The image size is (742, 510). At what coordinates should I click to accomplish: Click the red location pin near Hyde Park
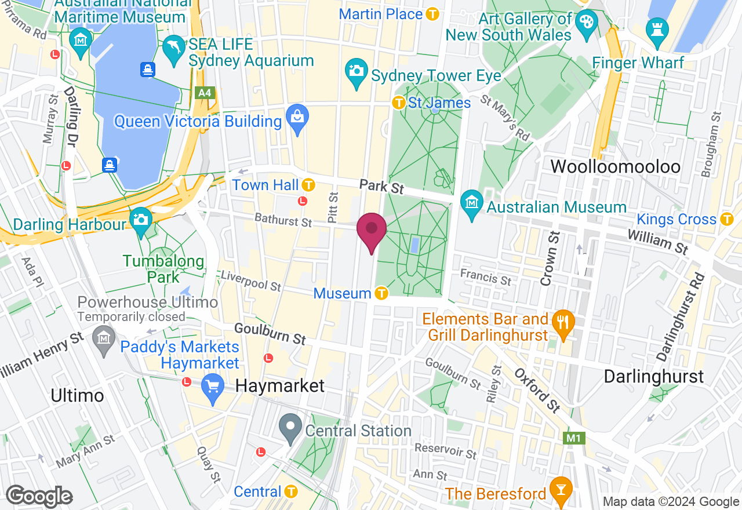(x=371, y=231)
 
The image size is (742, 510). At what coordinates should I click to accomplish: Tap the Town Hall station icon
(x=308, y=185)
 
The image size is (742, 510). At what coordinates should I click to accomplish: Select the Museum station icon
(x=381, y=293)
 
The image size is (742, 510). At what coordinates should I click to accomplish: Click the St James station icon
(x=398, y=103)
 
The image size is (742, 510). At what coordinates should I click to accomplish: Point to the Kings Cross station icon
(x=726, y=219)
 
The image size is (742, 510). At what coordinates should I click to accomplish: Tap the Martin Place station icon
(x=432, y=14)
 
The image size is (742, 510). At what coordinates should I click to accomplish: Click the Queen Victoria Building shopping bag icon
(x=297, y=120)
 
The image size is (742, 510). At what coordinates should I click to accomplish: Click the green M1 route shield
(x=574, y=438)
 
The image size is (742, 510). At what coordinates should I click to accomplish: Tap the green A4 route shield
(x=204, y=93)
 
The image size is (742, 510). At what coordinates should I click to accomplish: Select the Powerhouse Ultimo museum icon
(x=104, y=336)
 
